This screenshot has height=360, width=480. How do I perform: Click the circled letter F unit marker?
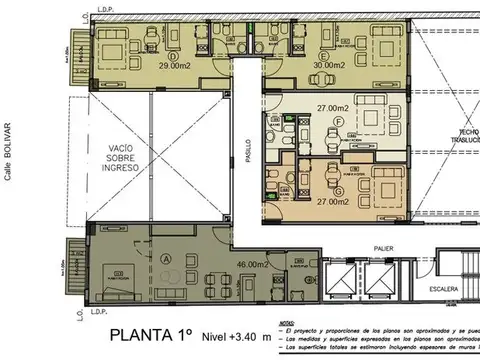pos(339,121)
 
